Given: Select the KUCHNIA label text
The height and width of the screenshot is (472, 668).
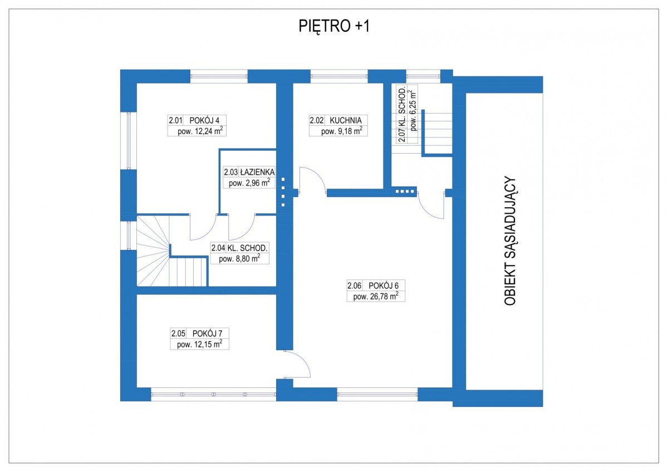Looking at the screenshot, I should pos(345,120).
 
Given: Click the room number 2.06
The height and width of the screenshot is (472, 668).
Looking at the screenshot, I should pos(356,286).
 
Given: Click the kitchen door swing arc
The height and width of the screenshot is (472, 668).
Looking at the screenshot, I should pos(313,181).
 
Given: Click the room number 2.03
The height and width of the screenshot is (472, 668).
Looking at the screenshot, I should pos(230,173).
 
